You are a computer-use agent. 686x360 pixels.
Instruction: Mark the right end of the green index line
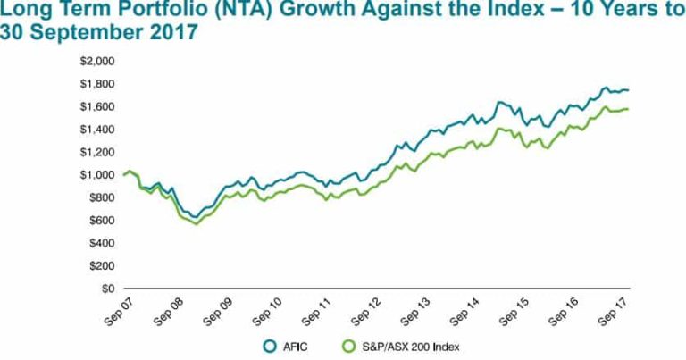point(629,109)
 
